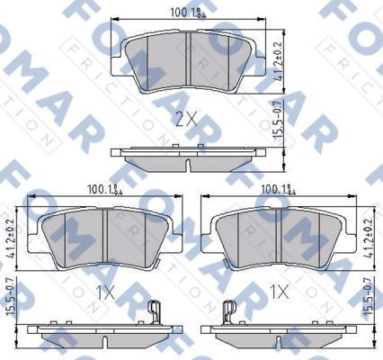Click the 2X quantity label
(186, 118)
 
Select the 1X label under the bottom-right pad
(280, 292)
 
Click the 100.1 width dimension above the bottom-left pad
(105, 190)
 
